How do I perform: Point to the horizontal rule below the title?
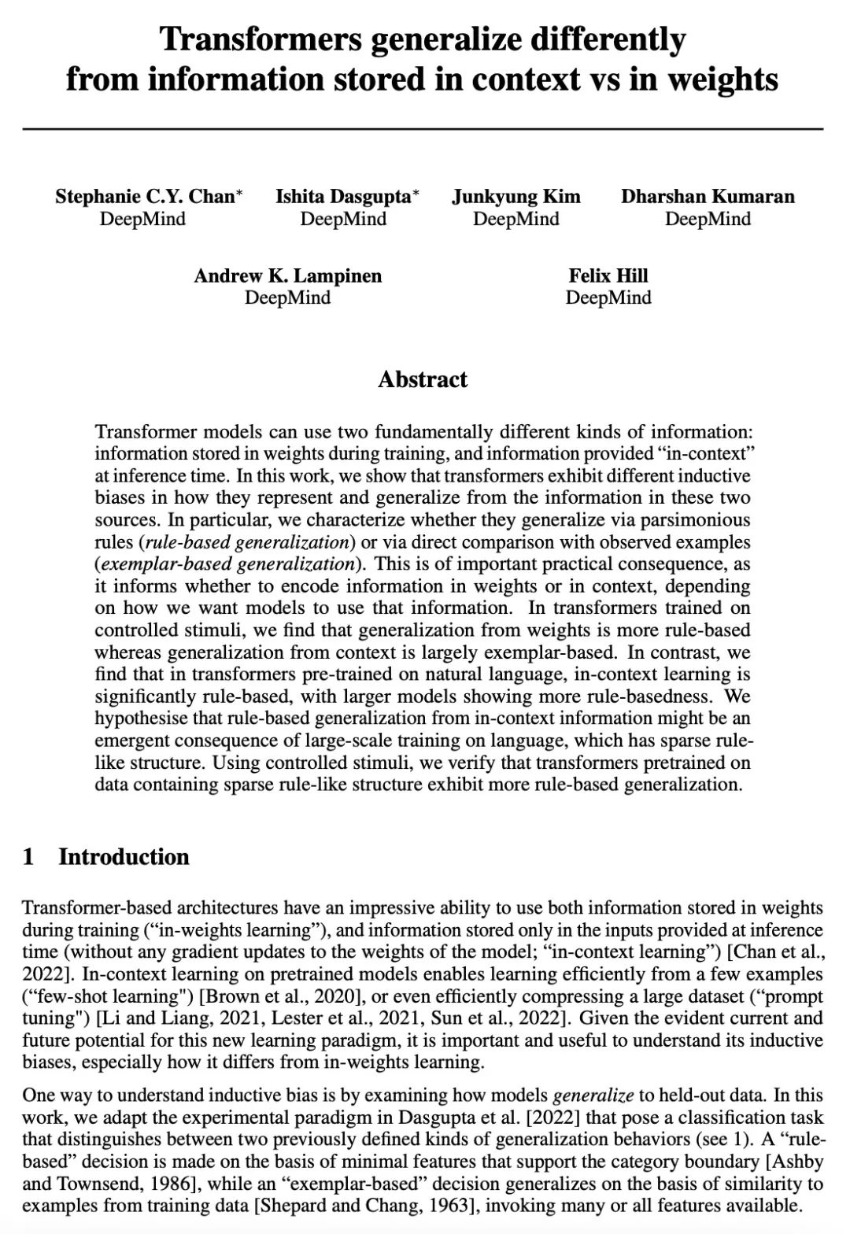pos(423,128)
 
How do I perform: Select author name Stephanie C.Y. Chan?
pos(145,196)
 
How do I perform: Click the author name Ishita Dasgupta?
pos(343,196)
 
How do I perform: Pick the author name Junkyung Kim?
pos(516,196)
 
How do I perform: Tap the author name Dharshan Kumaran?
pos(708,196)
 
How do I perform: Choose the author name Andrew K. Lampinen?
pos(287,275)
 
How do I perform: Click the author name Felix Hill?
pos(608,275)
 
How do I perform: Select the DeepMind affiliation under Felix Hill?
pos(608,297)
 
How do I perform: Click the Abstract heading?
pos(423,379)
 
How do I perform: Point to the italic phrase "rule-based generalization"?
pos(247,542)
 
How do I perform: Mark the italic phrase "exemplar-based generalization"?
pos(227,564)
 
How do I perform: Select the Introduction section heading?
pos(124,857)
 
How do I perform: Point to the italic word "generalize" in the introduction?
pos(593,1095)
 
